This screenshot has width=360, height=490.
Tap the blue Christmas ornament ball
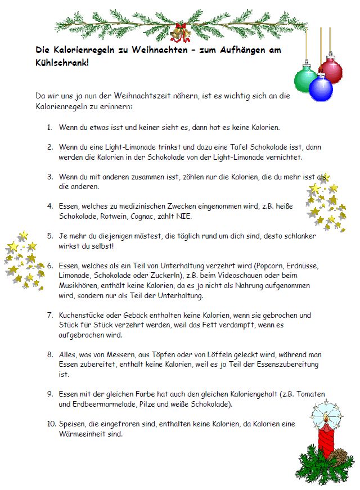point(321,88)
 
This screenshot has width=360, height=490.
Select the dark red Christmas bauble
point(331,70)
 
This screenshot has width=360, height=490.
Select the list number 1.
point(49,127)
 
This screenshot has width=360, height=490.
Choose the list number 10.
point(51,424)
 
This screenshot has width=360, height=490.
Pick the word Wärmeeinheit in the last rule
point(82,434)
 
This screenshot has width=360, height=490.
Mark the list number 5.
point(49,236)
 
